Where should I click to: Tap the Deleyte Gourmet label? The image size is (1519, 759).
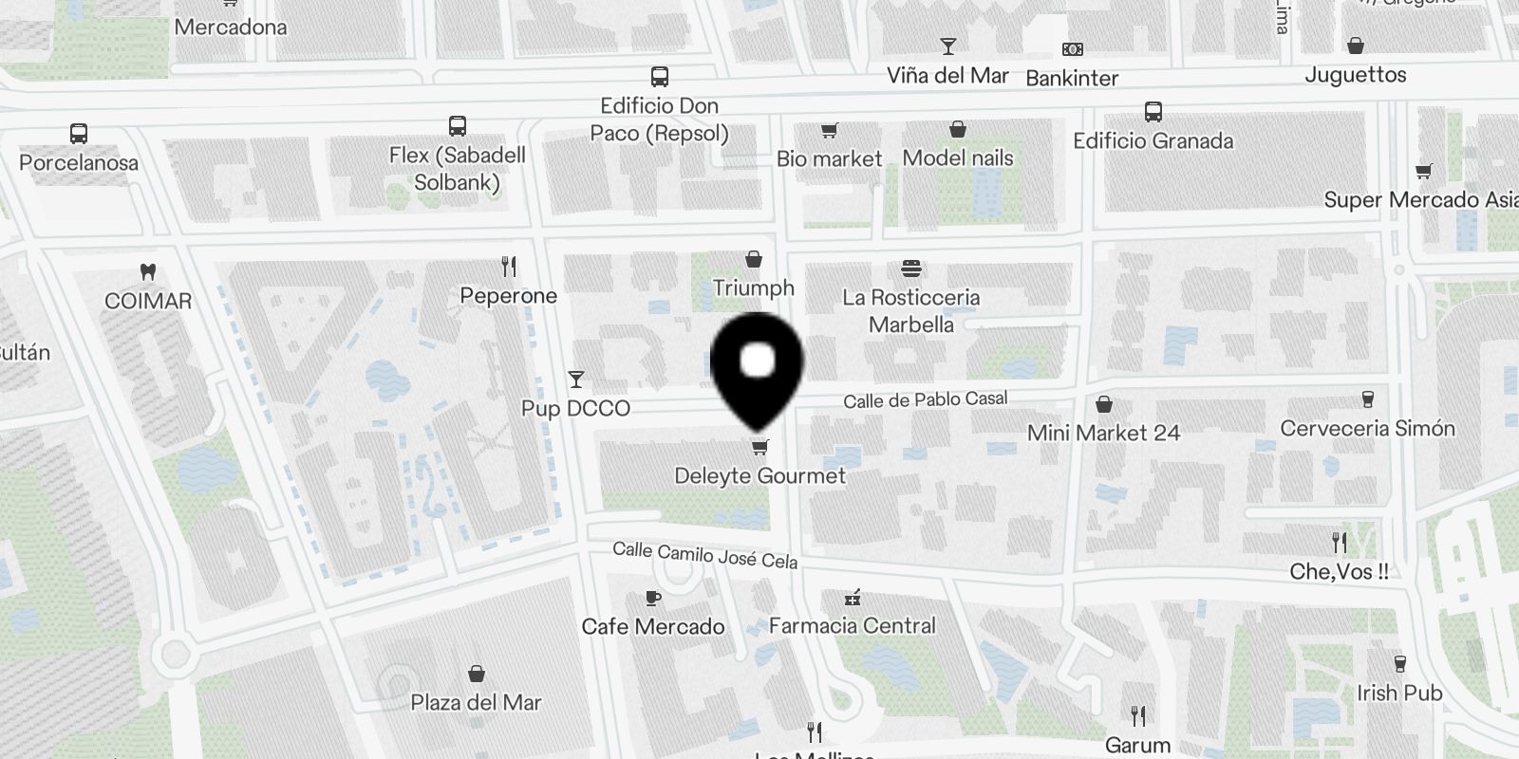(x=759, y=475)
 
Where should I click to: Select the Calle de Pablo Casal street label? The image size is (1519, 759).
(x=925, y=400)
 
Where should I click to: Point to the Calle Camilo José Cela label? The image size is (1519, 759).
(x=704, y=554)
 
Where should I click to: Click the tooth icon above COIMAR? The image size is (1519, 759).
(x=147, y=272)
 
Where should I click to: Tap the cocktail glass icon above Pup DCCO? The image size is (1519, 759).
(x=575, y=379)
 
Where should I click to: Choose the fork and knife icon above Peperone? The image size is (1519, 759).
(x=509, y=267)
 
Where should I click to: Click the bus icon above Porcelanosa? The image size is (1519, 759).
(x=79, y=134)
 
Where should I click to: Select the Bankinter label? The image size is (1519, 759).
(x=1072, y=78)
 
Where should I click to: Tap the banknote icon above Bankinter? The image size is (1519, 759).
(x=1072, y=49)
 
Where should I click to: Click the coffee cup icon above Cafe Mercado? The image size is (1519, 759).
(x=652, y=598)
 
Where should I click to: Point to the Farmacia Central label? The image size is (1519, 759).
(x=852, y=625)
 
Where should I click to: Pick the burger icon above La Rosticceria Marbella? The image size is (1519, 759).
(x=910, y=268)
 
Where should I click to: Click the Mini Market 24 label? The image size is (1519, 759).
(x=1103, y=434)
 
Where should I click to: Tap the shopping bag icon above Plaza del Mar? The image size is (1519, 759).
(x=477, y=674)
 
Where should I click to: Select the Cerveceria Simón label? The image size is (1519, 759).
(x=1367, y=429)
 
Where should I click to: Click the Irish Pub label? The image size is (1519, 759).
(x=1399, y=693)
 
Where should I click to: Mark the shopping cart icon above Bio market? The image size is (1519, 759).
(x=829, y=130)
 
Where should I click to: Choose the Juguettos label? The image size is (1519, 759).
(x=1355, y=75)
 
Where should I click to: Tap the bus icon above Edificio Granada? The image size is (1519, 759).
(x=1153, y=112)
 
